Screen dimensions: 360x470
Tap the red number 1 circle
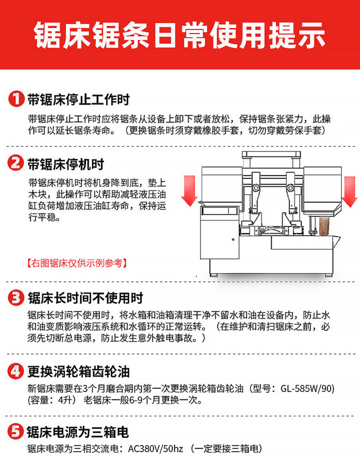coord(16,99)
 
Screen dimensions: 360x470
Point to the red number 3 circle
coord(16,299)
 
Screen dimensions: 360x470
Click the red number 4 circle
coord(16,372)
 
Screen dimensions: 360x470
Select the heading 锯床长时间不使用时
coord(85,299)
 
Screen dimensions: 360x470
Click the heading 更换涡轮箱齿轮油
coord(78,372)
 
